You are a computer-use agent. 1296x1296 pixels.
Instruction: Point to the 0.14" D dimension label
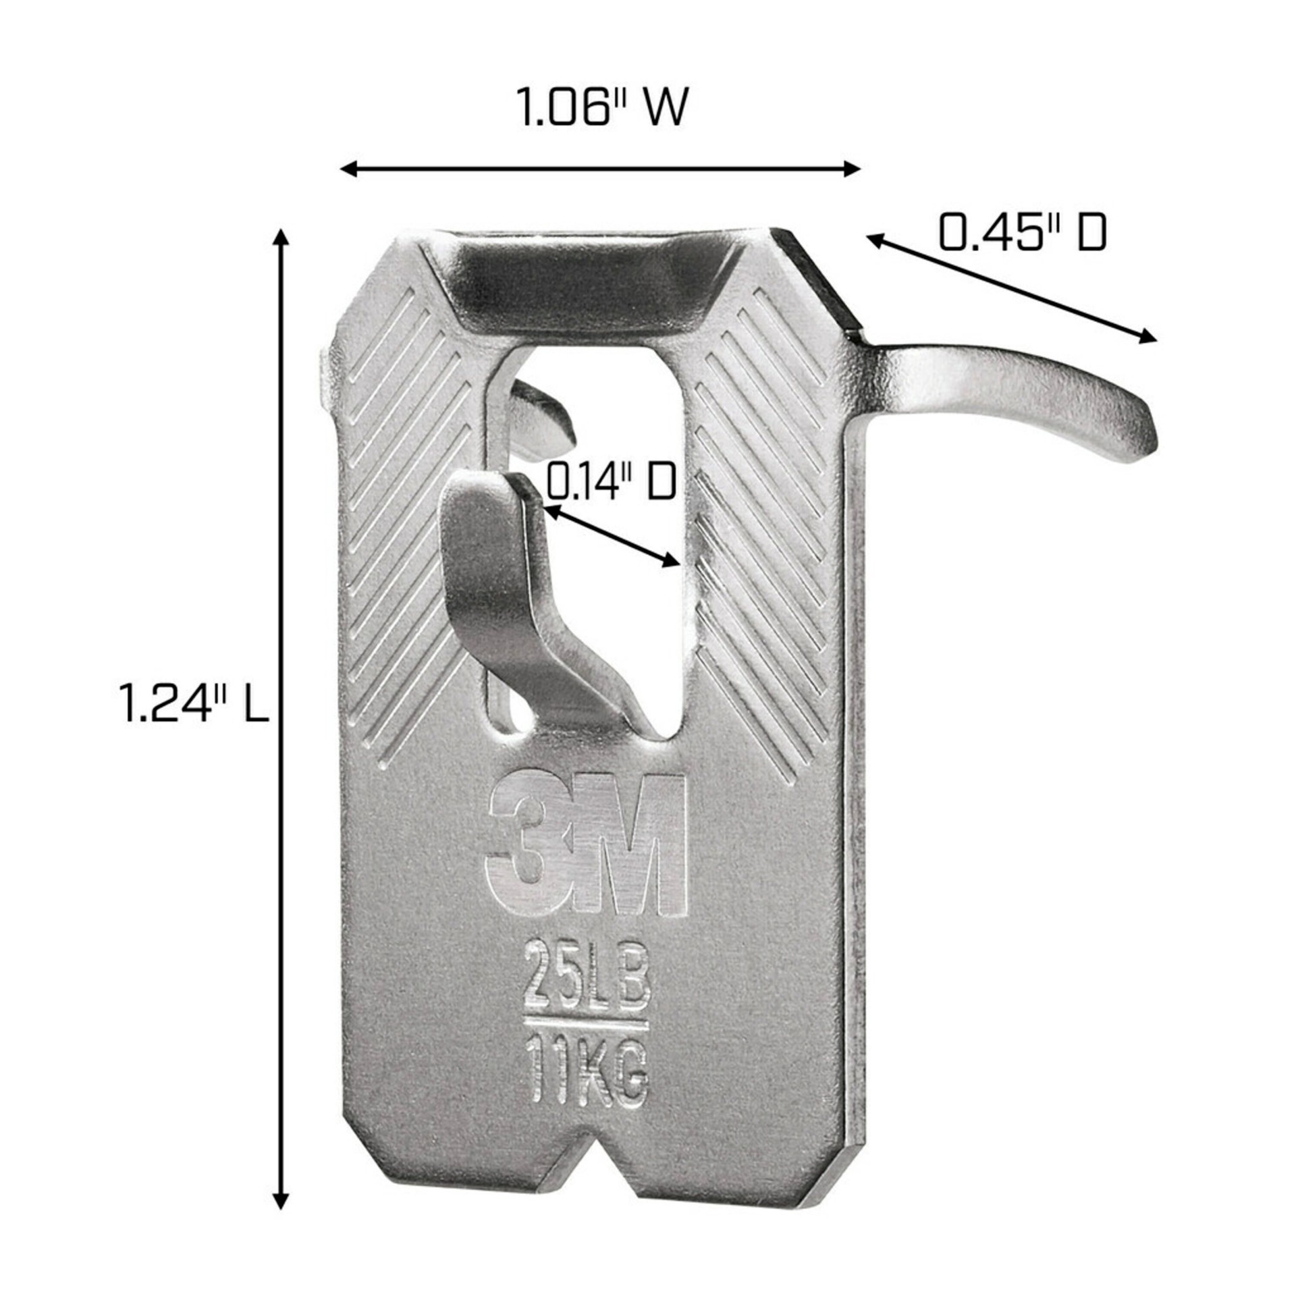click(x=610, y=481)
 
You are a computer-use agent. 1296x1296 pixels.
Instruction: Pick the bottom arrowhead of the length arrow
click(x=281, y=1201)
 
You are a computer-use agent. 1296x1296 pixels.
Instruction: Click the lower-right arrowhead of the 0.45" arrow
click(x=1147, y=337)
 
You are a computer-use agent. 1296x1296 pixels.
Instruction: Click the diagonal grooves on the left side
click(x=405, y=540)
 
